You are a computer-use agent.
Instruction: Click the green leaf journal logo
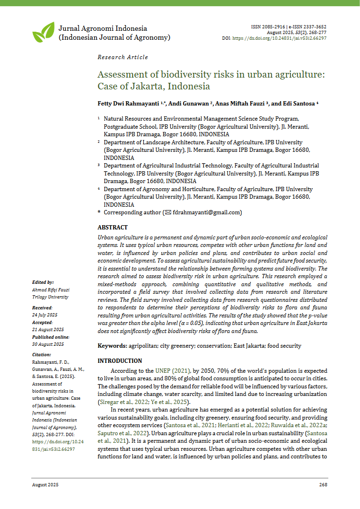point(43,32)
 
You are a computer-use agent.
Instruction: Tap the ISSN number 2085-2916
point(274,26)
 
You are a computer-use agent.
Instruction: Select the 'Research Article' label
point(123,57)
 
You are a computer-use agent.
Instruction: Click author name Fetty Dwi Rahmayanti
point(128,104)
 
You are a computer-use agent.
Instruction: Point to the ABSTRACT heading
point(113,228)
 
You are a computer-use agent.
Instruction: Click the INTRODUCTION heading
point(120,361)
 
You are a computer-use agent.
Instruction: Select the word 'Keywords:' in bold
point(112,346)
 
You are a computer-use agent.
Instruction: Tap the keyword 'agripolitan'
point(143,346)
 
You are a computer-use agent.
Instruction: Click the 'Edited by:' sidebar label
point(43,282)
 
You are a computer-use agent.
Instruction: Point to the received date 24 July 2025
point(45,315)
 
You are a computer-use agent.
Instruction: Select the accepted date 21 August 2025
point(48,329)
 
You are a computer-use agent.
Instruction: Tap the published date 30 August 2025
point(48,344)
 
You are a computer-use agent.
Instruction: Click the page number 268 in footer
point(323,485)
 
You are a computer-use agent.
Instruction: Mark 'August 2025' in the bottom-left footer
point(45,485)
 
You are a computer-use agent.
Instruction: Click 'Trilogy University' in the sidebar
point(50,297)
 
